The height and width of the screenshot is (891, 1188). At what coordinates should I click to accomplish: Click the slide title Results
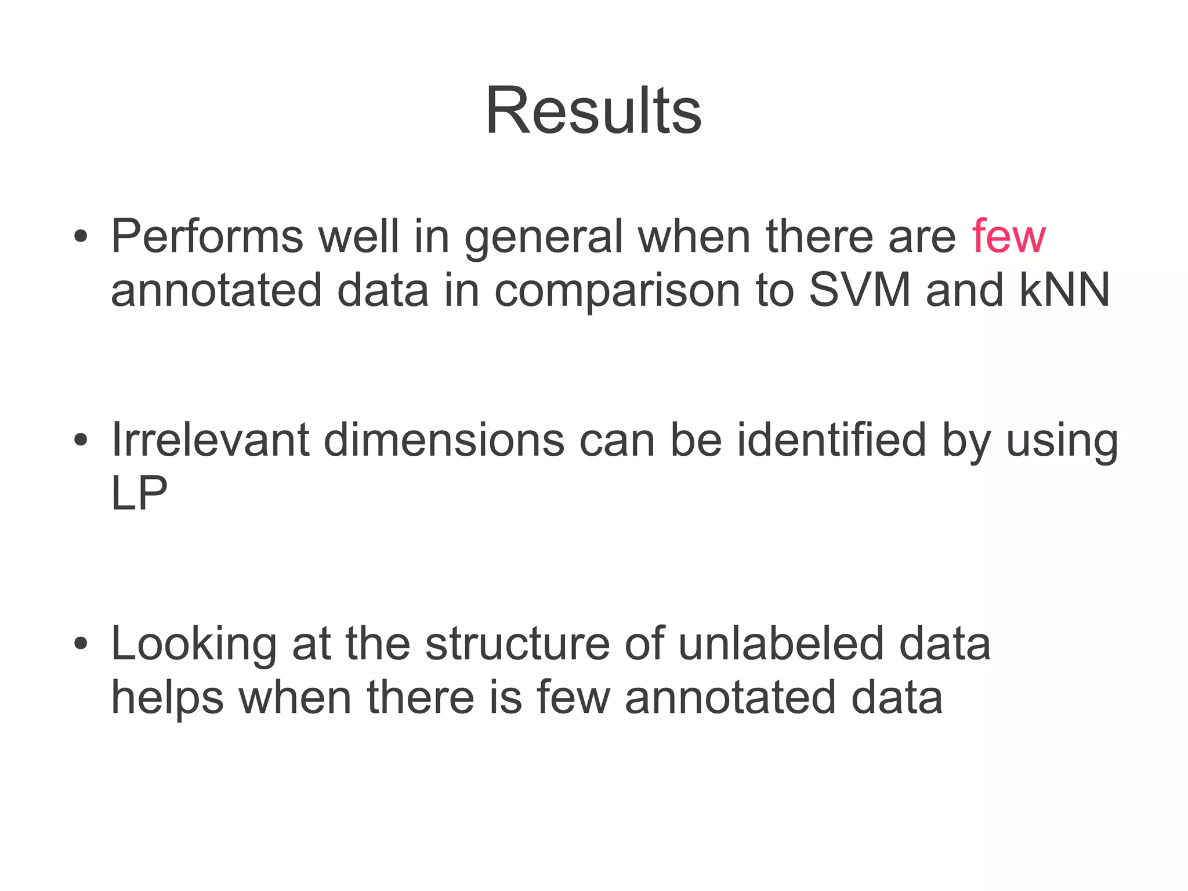tap(593, 110)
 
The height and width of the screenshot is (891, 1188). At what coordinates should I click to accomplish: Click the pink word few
tap(1009, 236)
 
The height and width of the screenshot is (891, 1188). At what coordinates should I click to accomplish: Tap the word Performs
tap(207, 236)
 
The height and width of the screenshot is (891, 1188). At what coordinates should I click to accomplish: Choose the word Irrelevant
tap(209, 439)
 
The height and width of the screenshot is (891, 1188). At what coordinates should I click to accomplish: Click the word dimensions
tap(444, 439)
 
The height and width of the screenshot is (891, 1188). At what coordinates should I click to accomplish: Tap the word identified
tap(832, 439)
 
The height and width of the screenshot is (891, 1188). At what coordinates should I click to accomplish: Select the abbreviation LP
tap(139, 493)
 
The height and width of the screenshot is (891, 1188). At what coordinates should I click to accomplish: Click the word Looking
tap(194, 644)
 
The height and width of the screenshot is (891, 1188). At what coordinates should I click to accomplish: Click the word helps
tap(167, 698)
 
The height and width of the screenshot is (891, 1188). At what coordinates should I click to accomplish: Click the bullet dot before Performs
tap(81, 237)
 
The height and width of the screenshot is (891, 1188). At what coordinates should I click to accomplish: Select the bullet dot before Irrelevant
tap(81, 440)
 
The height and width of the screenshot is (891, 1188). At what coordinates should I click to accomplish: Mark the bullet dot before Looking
tap(81, 644)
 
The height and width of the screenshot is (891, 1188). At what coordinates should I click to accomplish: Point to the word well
tap(358, 236)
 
